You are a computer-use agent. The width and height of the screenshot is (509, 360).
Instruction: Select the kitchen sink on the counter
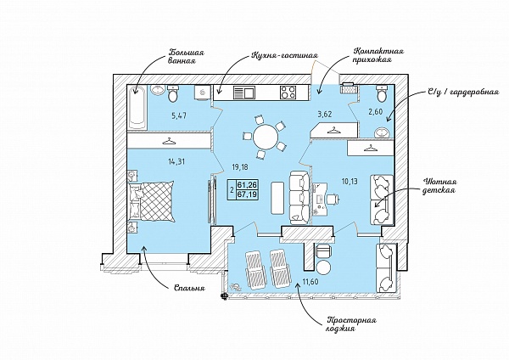tap(243, 93)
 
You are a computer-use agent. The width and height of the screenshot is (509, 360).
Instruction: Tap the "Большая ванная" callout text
tap(187, 58)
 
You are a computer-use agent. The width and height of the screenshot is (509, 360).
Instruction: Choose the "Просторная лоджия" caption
tap(350, 326)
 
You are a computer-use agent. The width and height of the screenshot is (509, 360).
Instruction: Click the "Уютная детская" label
tap(441, 186)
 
